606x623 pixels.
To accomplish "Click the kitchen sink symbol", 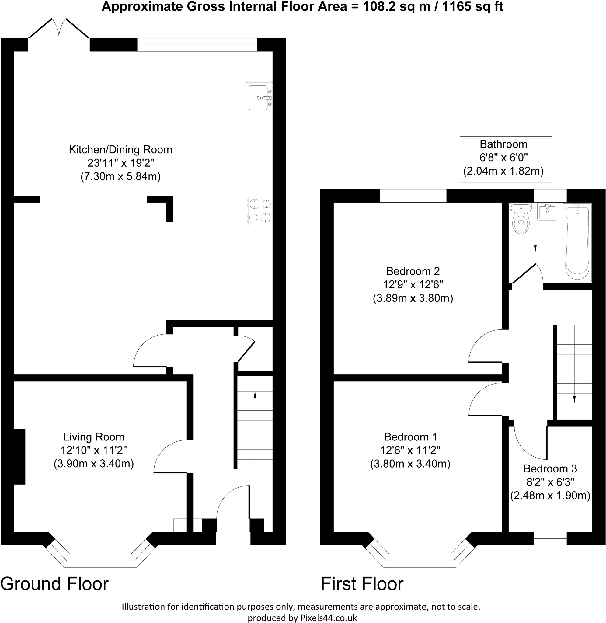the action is coord(259,98).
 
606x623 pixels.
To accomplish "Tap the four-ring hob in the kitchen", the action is coord(260,211).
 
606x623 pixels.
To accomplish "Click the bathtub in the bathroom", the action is coord(577,243).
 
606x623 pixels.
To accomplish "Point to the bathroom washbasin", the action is coord(547,212).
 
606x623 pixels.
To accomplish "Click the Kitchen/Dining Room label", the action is coord(121,150).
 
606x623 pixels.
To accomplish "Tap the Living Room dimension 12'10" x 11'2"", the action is coord(94,450).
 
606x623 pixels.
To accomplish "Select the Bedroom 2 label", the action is coord(413,271).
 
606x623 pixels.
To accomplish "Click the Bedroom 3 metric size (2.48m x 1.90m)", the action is coord(550,496).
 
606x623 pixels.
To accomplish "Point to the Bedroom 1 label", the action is coord(411,437).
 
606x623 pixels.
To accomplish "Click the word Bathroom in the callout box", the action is coord(503,144).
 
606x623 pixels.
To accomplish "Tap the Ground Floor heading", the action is coord(54,584).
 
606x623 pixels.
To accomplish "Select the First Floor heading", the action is coord(362,584).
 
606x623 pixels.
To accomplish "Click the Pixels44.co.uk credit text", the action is coord(329,618).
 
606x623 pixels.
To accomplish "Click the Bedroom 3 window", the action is coord(550,538).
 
